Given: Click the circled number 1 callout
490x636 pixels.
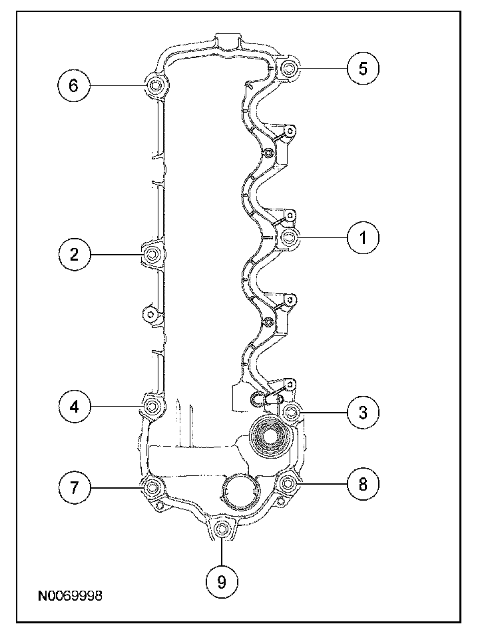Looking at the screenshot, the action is point(362,237).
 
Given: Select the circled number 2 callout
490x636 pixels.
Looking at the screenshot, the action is point(74,254).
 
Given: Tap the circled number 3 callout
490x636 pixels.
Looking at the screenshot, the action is point(362,412).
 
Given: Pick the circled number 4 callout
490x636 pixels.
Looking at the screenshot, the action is point(74,407).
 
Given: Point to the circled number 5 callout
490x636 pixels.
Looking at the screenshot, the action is point(362,69).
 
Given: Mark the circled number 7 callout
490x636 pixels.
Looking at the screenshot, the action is point(74,488).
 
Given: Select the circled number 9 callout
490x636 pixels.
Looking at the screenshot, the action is point(222,581).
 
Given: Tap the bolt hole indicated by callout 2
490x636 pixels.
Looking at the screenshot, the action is point(152,254).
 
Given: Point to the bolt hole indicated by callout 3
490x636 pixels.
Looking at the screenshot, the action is point(290,412).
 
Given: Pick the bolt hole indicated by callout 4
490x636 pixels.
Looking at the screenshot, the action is point(152,407).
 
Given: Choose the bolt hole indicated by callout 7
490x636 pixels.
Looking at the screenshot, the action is point(152,487).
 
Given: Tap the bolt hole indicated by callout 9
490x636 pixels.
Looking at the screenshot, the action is point(222,530).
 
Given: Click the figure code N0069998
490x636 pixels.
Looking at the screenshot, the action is point(70,594).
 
